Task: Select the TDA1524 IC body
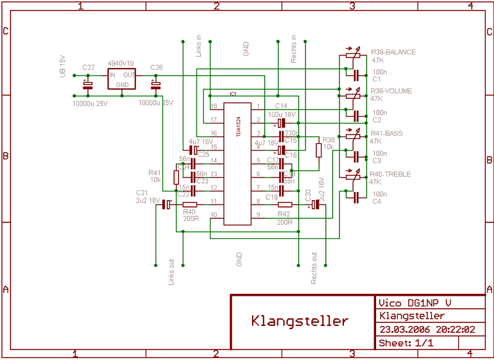[237, 164]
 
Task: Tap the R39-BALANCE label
[393, 52]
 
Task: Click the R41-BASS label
[386, 133]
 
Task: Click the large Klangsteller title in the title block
[299, 321]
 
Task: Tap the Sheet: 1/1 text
[406, 343]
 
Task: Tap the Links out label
[171, 270]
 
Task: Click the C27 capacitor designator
[88, 67]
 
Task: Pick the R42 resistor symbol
[285, 204]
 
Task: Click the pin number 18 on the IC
[214, 106]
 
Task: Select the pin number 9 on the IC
[258, 214]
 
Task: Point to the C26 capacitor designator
[156, 67]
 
